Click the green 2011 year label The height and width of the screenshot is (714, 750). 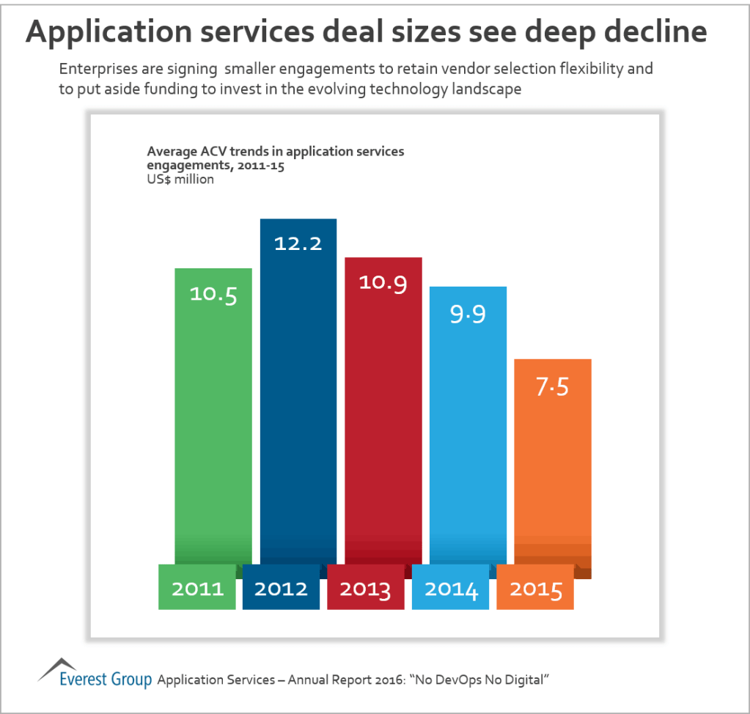[197, 589]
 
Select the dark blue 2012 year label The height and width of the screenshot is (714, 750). [282, 589]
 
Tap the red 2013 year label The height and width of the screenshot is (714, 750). [366, 589]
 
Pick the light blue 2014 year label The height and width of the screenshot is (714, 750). [451, 589]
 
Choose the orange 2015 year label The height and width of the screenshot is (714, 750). [535, 589]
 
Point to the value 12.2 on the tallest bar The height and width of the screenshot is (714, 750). [298, 243]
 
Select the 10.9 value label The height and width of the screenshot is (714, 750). [383, 282]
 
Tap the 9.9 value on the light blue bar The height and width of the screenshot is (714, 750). [467, 313]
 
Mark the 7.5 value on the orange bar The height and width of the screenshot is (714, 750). [552, 386]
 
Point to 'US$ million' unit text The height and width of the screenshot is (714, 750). [180, 180]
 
